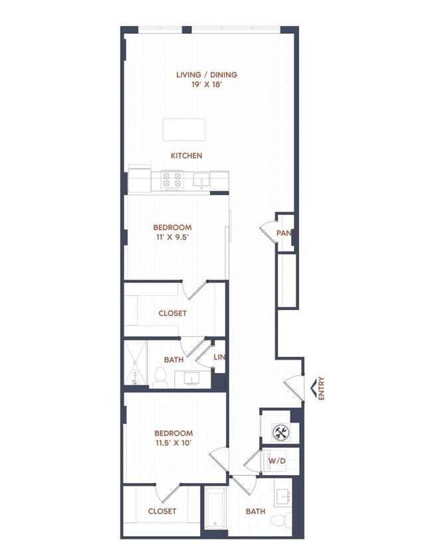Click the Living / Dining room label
206,75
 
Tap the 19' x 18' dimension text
206,86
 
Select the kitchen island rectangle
184,129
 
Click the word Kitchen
186,156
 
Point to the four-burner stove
173,179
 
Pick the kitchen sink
200,179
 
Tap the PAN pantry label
285,234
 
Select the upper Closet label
172,313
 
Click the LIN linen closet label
219,358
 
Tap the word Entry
322,388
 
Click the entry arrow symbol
311,387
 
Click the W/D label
276,460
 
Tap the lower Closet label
162,511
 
